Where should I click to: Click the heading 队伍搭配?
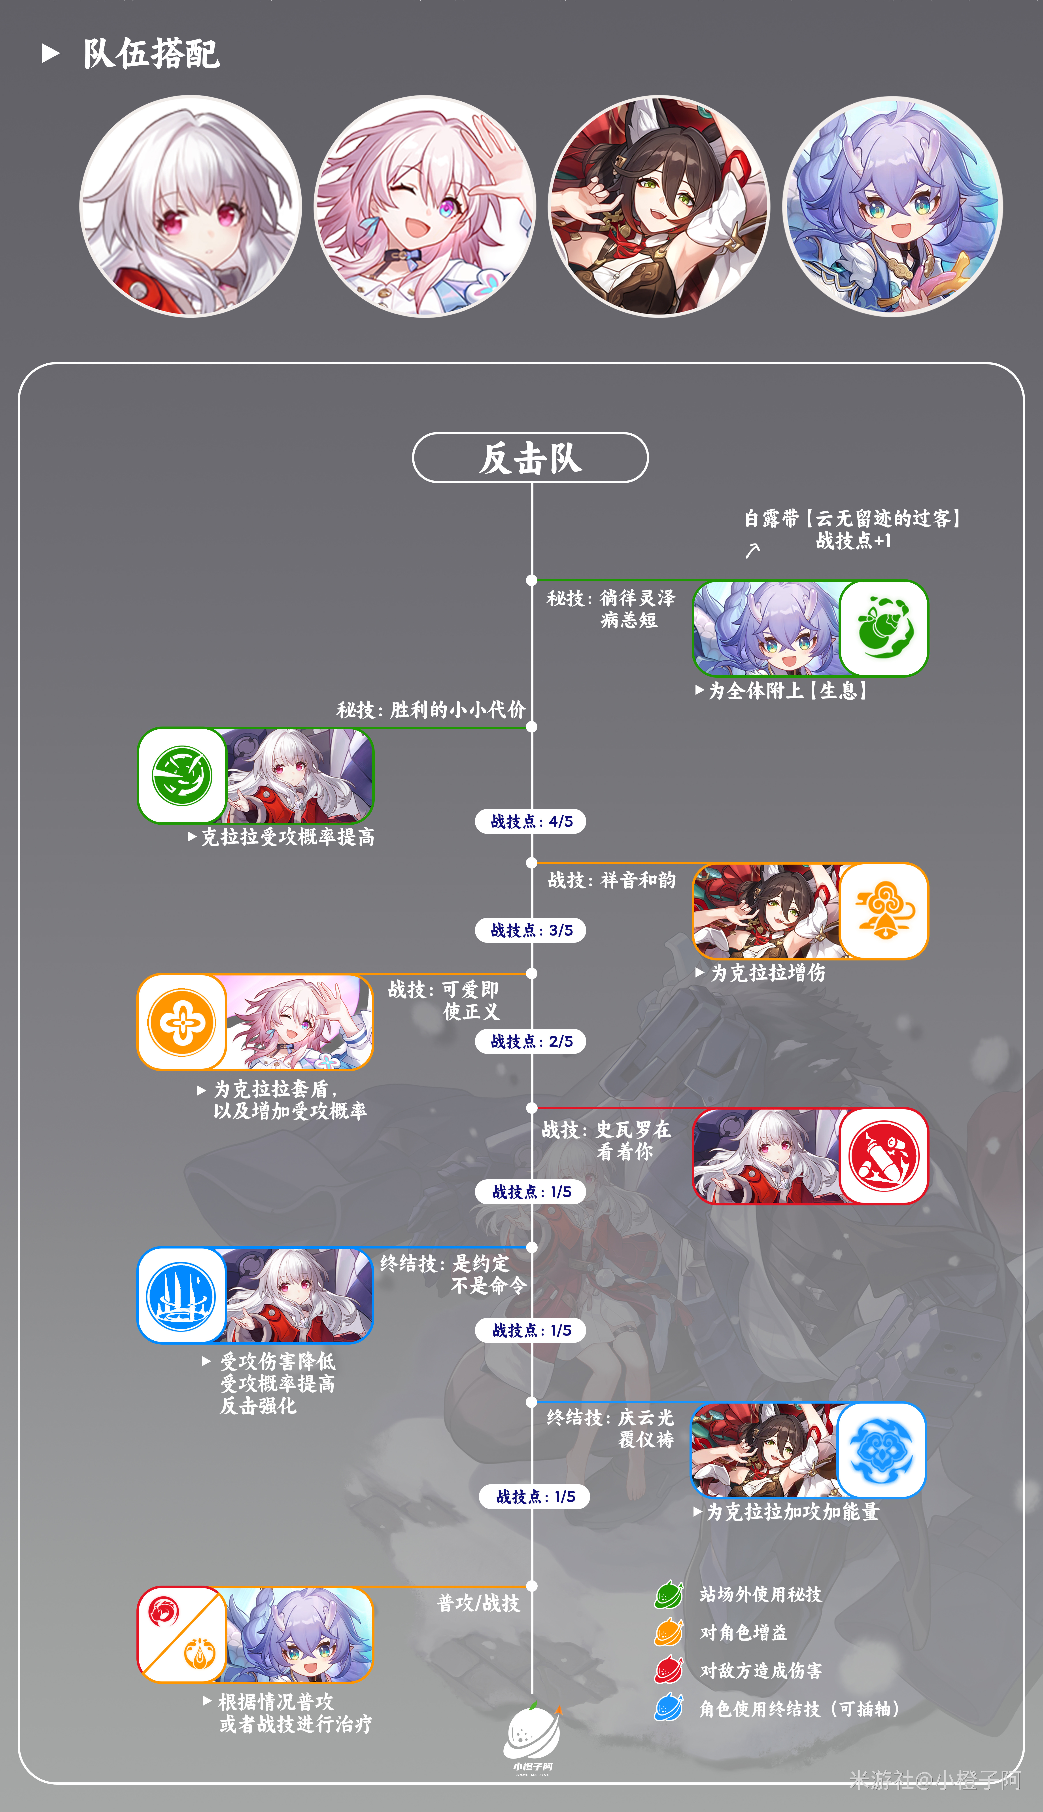point(151,54)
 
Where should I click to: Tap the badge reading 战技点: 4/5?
point(531,821)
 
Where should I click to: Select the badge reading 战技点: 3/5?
point(531,930)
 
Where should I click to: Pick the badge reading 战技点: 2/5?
point(531,1041)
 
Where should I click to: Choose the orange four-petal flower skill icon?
point(182,1022)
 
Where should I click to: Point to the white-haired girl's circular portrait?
point(191,206)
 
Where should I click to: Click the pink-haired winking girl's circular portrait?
point(425,206)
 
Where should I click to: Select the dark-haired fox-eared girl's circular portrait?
point(658,206)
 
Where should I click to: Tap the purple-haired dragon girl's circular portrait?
point(893,206)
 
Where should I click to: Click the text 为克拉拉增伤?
point(768,973)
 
